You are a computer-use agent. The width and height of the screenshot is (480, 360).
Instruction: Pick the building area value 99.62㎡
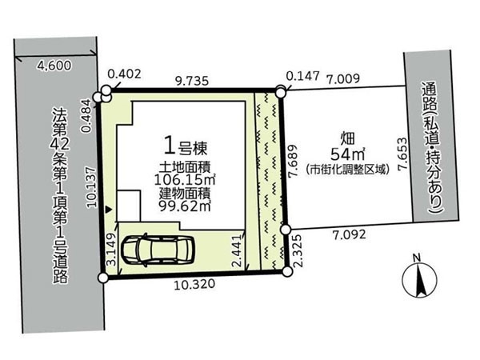point(186,206)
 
